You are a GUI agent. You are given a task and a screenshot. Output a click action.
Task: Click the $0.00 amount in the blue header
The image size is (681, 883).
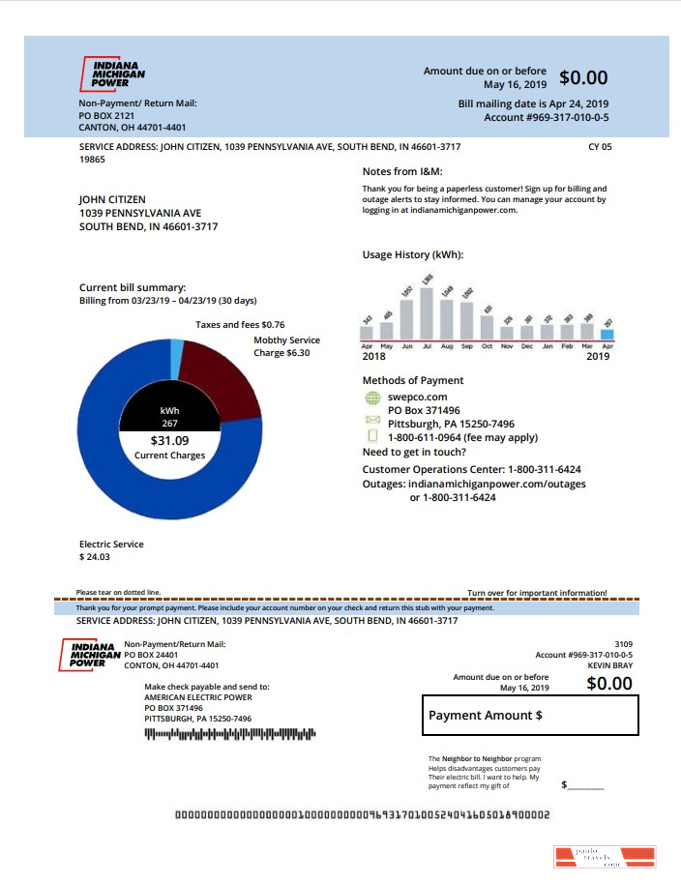click(583, 78)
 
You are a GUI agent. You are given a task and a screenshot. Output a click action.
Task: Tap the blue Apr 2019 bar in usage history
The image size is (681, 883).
click(607, 335)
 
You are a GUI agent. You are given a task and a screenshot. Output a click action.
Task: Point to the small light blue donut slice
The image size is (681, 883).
click(177, 359)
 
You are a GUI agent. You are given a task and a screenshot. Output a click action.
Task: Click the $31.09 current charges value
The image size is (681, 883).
click(169, 441)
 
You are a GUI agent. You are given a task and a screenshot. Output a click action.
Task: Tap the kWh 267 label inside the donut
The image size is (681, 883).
click(169, 417)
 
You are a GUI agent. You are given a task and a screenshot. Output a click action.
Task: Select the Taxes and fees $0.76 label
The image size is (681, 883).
click(240, 325)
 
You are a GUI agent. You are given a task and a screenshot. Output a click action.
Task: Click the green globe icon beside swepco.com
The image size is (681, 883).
click(372, 397)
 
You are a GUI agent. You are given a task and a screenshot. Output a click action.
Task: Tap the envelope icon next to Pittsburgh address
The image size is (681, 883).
click(372, 421)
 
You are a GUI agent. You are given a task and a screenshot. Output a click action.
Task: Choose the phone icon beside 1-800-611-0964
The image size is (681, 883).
click(372, 438)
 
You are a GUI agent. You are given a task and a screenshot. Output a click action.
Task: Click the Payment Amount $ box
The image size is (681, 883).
click(530, 716)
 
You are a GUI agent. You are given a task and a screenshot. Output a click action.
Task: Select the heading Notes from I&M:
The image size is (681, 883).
click(401, 171)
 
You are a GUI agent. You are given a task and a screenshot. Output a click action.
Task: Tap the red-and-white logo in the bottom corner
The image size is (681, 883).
click(605, 856)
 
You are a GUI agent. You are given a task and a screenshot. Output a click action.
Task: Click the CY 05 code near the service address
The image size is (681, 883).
click(600, 147)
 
